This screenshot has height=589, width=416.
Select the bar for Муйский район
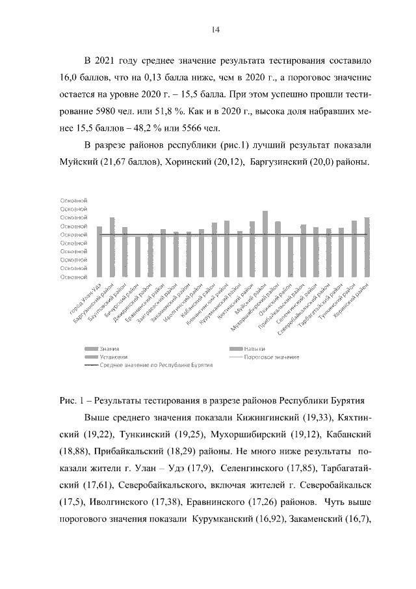pos(265,244)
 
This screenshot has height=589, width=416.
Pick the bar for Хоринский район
pos(367,247)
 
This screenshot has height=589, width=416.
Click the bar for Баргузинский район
pos(112,247)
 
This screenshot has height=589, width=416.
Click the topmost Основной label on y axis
pos(73,200)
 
